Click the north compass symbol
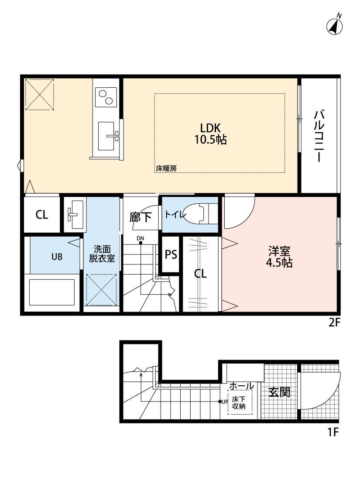click(335, 27)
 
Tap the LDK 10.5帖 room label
click(211, 134)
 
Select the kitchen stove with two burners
click(106, 97)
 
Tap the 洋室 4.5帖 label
click(280, 257)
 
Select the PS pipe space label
click(171, 255)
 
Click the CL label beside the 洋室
click(200, 274)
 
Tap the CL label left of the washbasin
click(42, 215)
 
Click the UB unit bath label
click(57, 257)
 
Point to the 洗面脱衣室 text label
click(102, 253)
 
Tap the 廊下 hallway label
click(141, 217)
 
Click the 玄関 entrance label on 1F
click(279, 392)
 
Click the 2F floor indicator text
click(334, 324)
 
